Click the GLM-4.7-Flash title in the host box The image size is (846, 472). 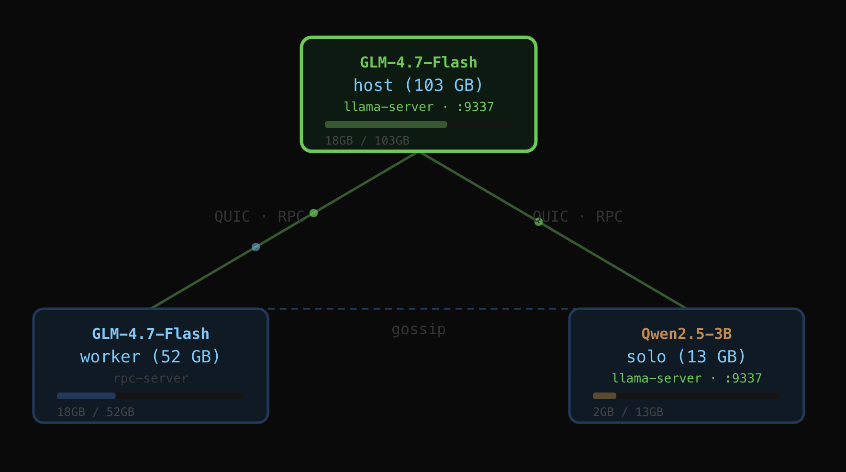[x=418, y=63]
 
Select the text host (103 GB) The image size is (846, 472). [x=418, y=85]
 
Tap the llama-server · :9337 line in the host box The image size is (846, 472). [x=418, y=107]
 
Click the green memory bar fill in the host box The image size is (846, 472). [x=386, y=124]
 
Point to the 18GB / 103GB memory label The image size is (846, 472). [x=367, y=141]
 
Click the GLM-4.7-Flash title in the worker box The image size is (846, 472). [x=150, y=334]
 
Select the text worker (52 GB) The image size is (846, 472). [x=150, y=357]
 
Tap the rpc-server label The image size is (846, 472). [x=151, y=378]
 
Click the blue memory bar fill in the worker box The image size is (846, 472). [x=86, y=396]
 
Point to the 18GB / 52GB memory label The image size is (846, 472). [x=96, y=412]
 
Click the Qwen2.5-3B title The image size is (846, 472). [x=686, y=334]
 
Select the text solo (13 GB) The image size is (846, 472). [x=686, y=357]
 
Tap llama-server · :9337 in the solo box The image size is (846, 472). [x=686, y=378]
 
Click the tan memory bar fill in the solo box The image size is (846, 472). [x=604, y=396]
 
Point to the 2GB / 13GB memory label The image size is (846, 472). [x=628, y=412]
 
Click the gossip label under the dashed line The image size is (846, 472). [x=418, y=329]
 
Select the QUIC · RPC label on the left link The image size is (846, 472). [x=259, y=216]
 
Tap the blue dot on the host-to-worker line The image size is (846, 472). [x=256, y=247]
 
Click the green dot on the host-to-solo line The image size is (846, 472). [x=538, y=222]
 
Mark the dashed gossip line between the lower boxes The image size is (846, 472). [x=418, y=309]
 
